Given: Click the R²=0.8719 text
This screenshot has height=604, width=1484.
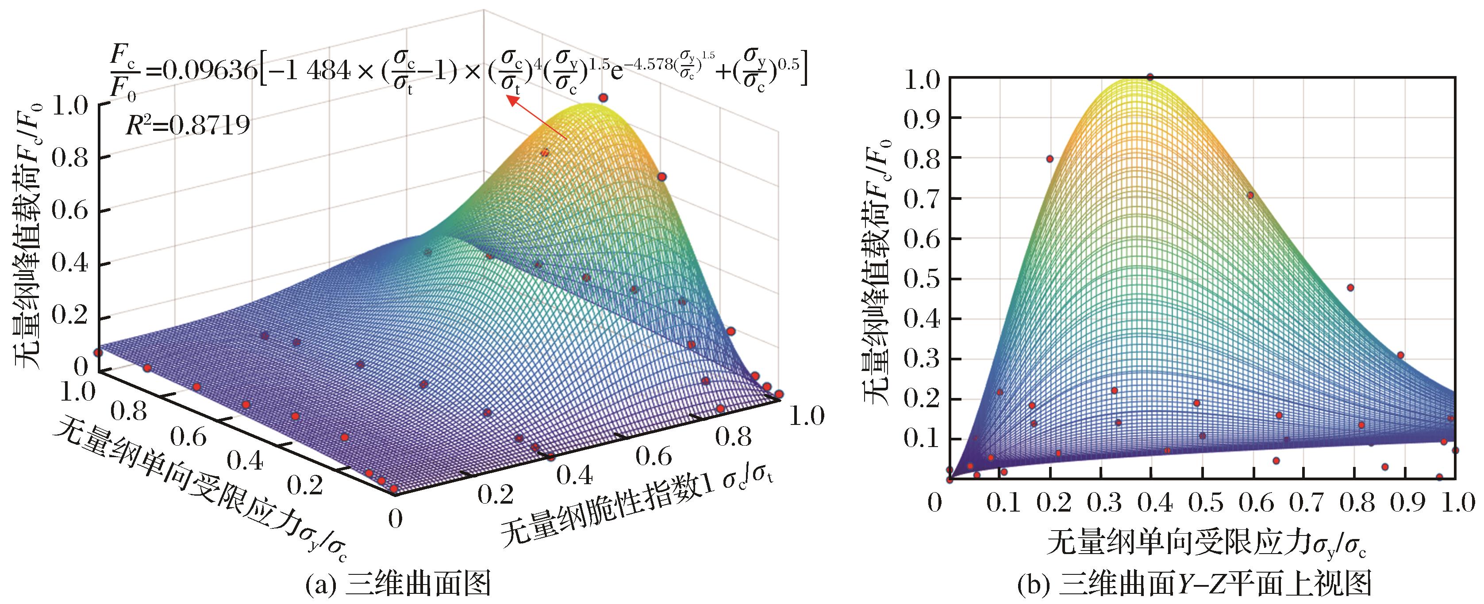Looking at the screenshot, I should (x=188, y=124).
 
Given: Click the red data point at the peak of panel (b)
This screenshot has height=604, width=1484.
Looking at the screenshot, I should (x=1150, y=77).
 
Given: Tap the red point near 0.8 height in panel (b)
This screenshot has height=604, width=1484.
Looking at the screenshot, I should (x=1050, y=159).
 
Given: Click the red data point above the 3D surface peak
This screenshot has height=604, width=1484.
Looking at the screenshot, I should (x=603, y=98).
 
